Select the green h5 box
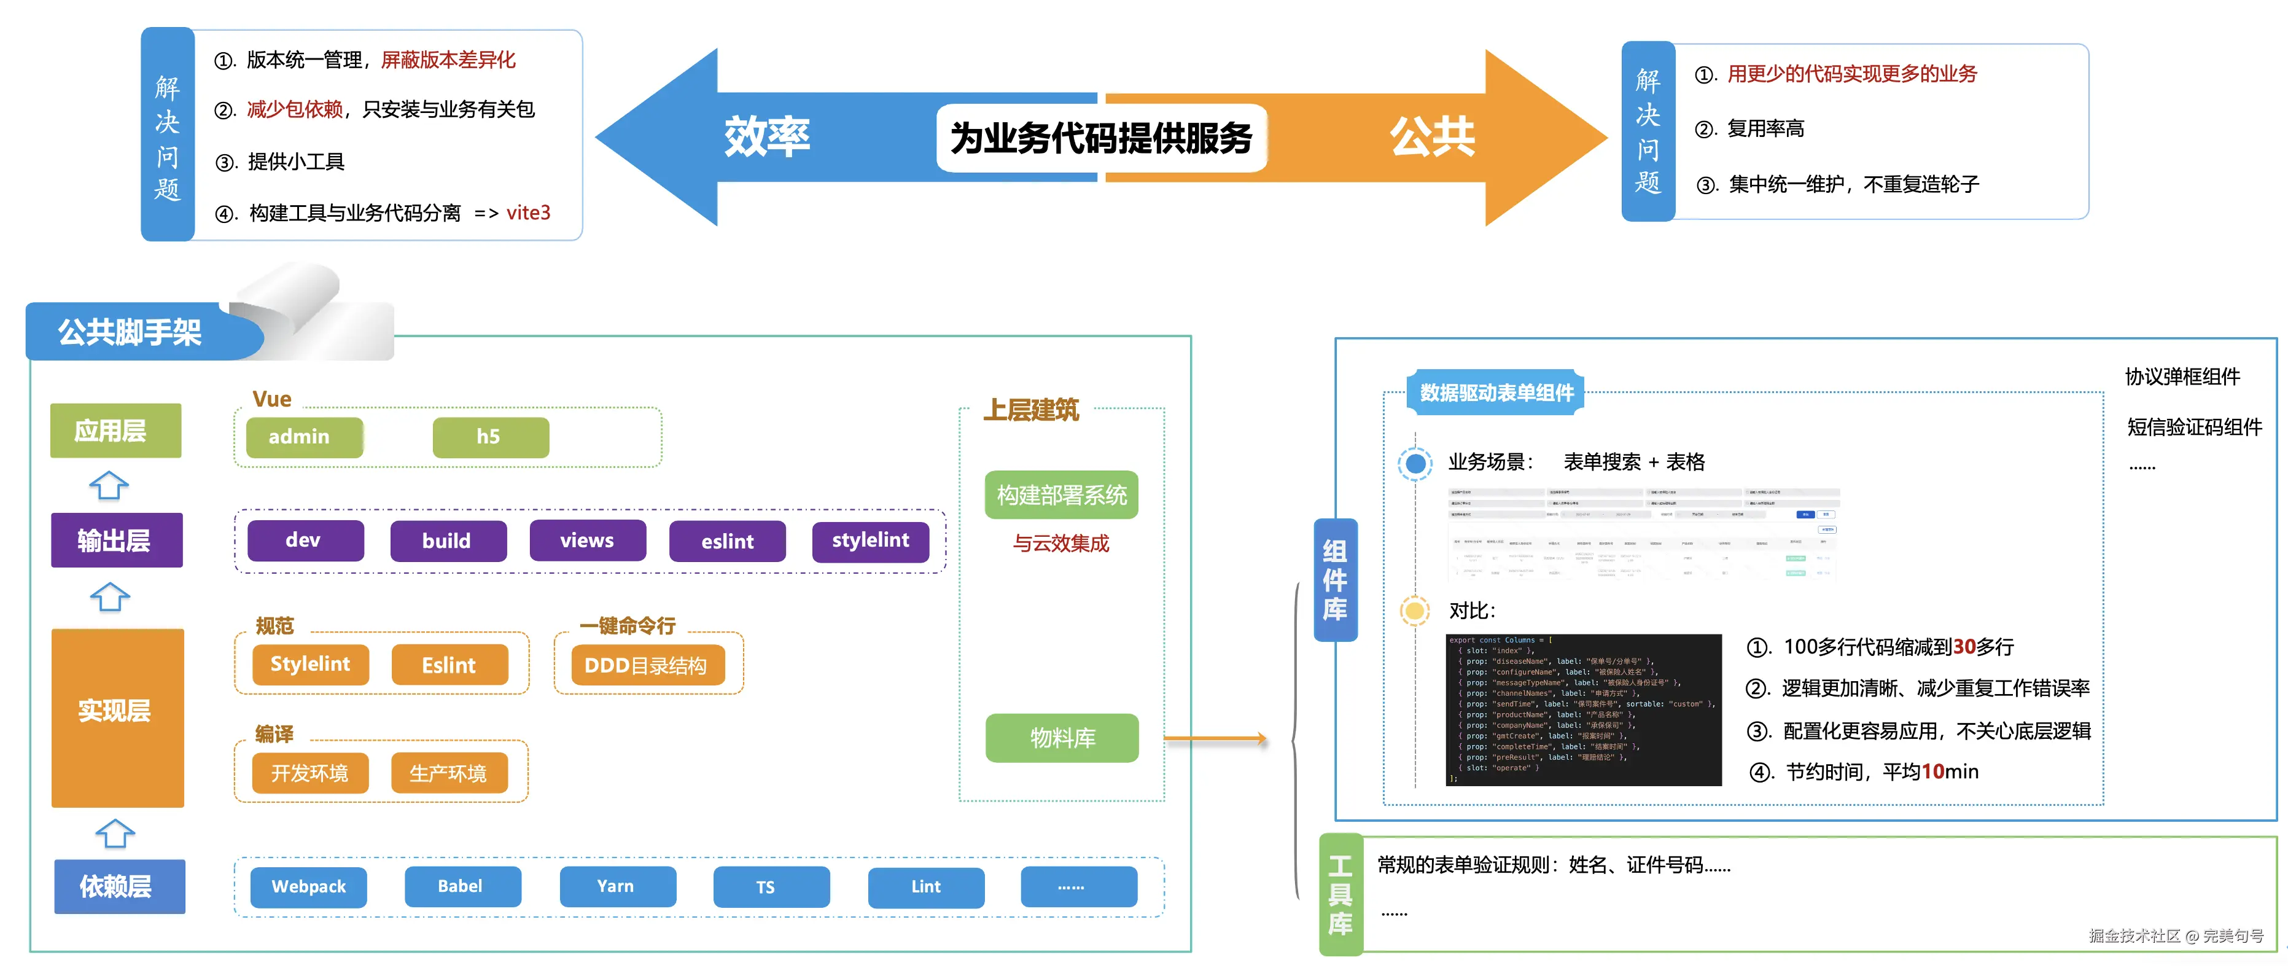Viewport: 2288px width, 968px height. click(x=490, y=437)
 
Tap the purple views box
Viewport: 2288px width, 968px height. click(x=587, y=541)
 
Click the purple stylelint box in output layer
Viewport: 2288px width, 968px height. click(x=871, y=541)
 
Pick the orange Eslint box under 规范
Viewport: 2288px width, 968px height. click(x=449, y=665)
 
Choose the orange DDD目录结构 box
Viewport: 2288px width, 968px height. click(x=647, y=665)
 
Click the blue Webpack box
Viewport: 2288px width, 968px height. click(x=308, y=886)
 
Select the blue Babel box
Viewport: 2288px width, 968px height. click(x=462, y=886)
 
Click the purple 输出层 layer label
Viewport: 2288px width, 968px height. click(x=116, y=540)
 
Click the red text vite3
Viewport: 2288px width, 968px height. click(x=529, y=213)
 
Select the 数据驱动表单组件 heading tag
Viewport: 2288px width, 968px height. click(x=1496, y=392)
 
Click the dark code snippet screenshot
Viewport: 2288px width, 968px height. click(x=1583, y=709)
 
